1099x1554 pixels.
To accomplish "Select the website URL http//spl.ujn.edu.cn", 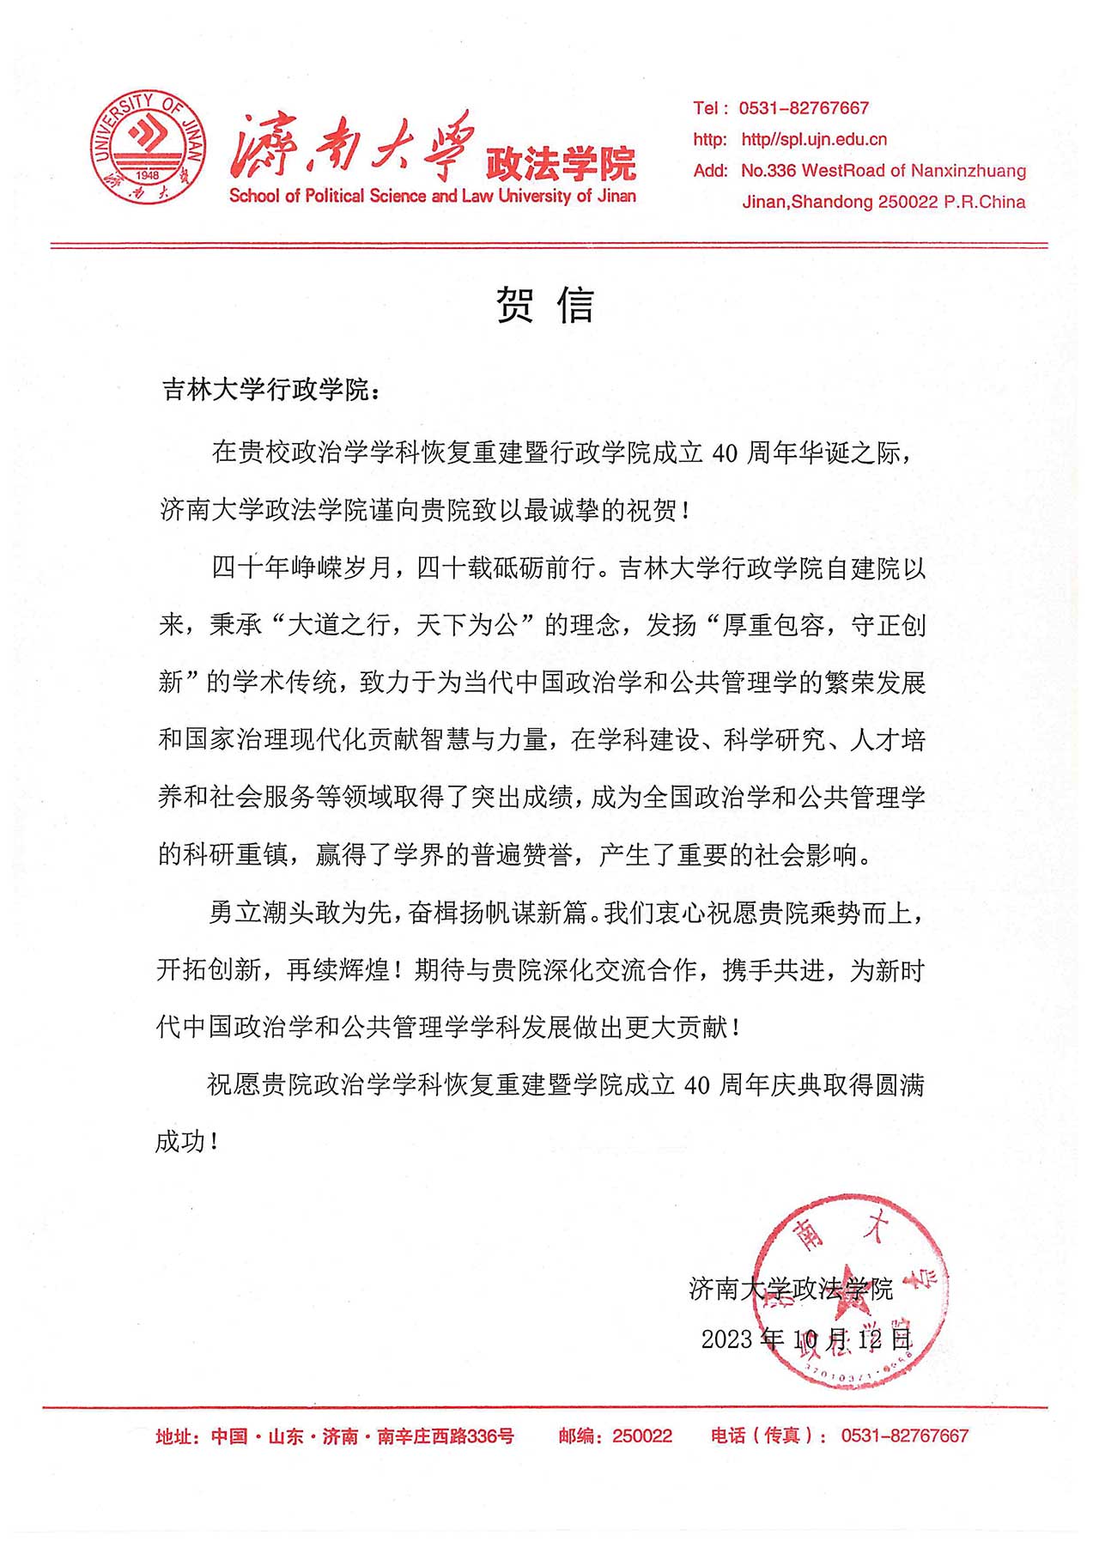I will click(x=813, y=139).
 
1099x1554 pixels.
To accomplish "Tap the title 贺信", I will click(x=545, y=305).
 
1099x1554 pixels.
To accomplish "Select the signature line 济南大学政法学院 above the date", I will click(x=790, y=1289).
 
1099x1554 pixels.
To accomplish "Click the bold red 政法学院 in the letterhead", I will click(x=561, y=163).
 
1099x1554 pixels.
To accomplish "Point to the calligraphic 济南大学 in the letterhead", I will click(x=352, y=146).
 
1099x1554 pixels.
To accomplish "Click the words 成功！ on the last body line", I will click(x=187, y=1142).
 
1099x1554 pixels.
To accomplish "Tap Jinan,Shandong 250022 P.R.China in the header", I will click(x=883, y=203).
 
